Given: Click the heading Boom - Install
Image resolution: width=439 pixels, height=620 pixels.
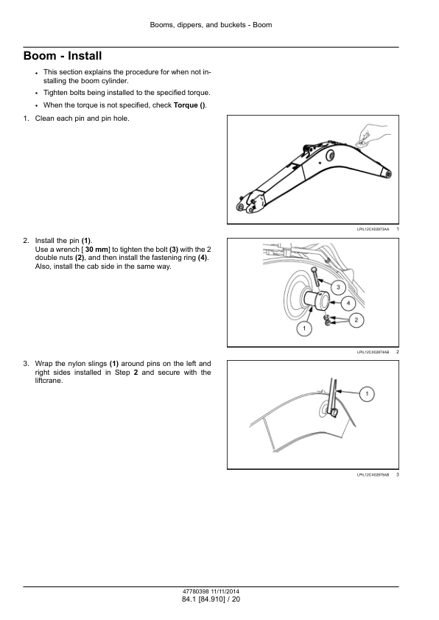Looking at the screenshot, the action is (63, 56).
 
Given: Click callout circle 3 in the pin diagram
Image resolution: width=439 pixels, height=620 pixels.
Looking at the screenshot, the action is (338, 287).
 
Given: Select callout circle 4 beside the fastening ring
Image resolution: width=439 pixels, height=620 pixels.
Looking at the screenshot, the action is (348, 303).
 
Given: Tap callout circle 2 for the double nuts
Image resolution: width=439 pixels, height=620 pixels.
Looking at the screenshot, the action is (357, 320).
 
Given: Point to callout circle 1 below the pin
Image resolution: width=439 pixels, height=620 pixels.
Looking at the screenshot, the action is (304, 328).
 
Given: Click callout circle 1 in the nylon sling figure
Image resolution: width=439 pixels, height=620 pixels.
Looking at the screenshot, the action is (367, 393).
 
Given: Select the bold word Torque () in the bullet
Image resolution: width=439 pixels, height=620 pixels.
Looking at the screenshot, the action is (189, 105).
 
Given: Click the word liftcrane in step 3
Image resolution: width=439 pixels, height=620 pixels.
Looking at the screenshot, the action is (49, 381).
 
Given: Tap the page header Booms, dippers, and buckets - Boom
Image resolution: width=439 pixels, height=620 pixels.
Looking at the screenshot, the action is (211, 25).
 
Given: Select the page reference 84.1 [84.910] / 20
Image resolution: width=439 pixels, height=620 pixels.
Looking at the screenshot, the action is (211, 599).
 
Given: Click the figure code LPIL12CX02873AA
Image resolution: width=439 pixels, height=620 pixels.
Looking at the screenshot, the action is (373, 229).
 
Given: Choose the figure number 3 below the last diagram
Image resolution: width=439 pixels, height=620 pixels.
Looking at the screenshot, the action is (398, 474).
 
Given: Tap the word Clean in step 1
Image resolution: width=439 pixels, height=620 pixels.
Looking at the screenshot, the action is (45, 119).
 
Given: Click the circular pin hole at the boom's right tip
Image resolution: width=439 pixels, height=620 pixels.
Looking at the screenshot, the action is (388, 173).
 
